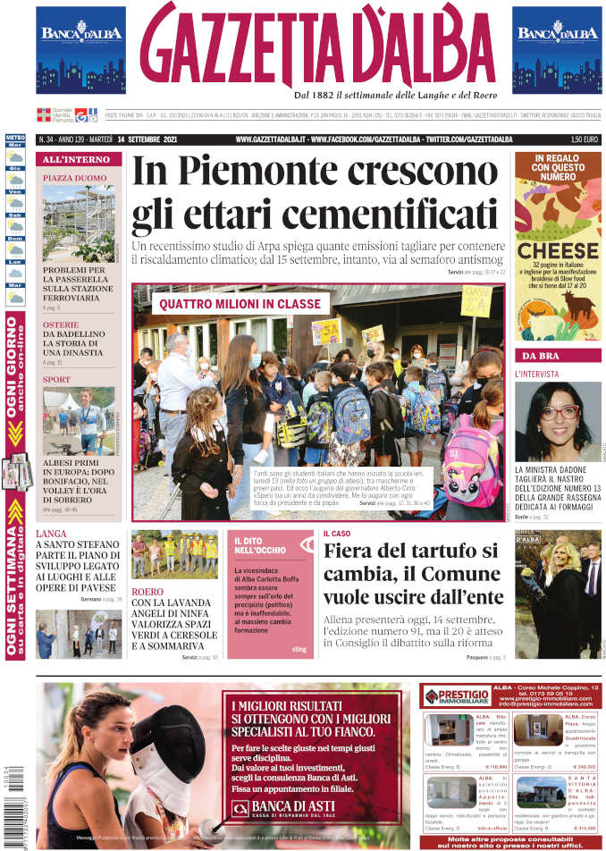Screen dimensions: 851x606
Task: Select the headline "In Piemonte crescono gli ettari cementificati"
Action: click(x=314, y=193)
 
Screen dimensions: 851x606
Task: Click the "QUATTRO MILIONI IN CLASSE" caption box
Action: click(x=240, y=304)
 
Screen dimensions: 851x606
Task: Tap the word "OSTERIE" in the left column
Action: click(x=62, y=324)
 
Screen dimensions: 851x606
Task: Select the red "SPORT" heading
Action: click(x=56, y=380)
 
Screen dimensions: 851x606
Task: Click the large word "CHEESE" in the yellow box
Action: click(x=558, y=251)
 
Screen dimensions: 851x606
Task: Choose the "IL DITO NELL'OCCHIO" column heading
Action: click(x=260, y=546)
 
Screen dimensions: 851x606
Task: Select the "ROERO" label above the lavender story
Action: click(x=147, y=592)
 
